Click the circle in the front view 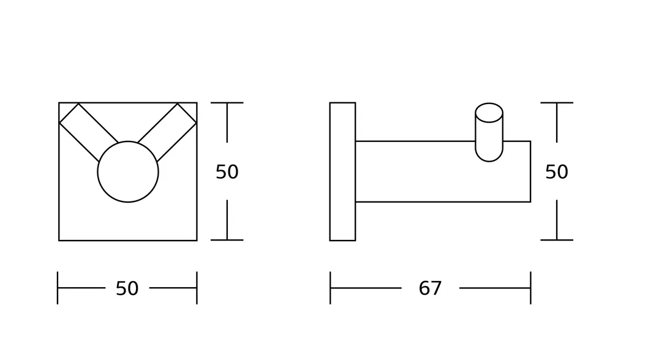coord(127,172)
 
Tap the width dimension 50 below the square coord(127,288)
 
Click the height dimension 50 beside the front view coord(227,172)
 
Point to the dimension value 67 coord(430,288)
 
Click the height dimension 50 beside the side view coord(556,172)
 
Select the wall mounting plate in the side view coord(342,171)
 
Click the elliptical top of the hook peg coord(489,113)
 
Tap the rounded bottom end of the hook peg coord(489,154)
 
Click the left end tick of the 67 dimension coord(330,288)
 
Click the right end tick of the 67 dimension coord(530,288)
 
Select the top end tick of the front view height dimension coord(227,103)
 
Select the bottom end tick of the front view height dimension coord(227,240)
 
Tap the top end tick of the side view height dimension coord(556,103)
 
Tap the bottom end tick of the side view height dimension coord(556,240)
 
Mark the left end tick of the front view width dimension coord(58,288)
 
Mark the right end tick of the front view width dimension coord(197,288)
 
